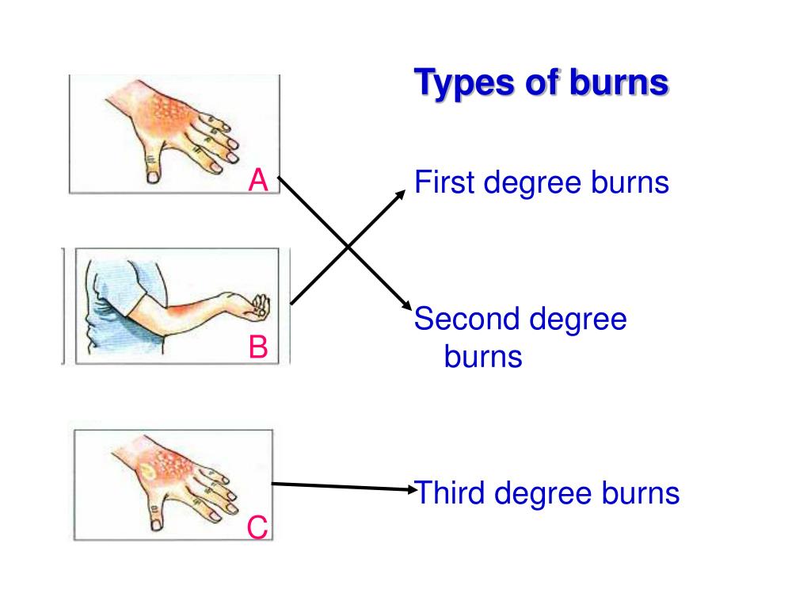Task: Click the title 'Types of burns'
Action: point(542,82)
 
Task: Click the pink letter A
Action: point(258,182)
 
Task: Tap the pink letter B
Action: point(258,347)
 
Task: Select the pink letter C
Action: point(257,527)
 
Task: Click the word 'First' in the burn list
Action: point(444,183)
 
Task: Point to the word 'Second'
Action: point(466,320)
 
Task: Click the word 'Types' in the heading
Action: point(463,83)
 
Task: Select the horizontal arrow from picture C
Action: point(341,485)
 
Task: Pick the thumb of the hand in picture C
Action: point(155,515)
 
